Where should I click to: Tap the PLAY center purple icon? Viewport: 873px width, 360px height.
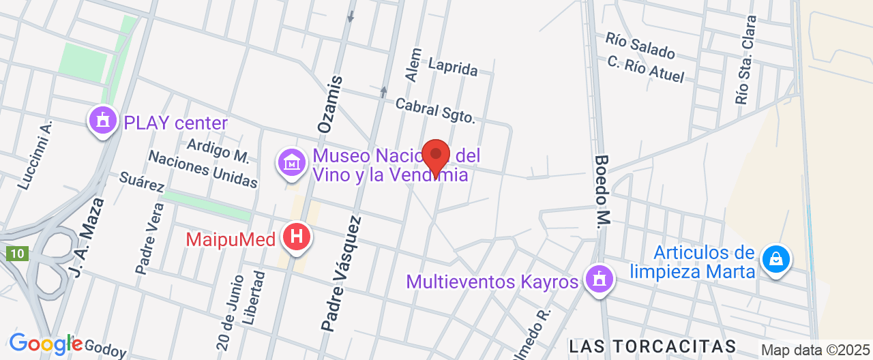103,121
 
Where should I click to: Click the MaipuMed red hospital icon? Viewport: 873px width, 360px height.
297,237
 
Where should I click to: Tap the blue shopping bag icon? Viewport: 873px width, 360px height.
775,258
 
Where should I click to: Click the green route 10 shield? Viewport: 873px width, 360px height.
17,254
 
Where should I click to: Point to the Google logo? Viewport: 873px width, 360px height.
45,344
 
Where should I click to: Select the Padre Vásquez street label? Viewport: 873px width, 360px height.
341,273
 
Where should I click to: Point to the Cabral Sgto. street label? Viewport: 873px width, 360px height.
434,110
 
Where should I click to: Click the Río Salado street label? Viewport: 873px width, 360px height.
640,46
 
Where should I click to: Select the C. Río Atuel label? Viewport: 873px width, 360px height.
645,69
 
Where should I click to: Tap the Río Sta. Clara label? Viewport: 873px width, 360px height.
745,60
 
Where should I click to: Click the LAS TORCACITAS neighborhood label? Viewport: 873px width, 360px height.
653,346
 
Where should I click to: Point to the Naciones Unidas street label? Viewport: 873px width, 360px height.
203,169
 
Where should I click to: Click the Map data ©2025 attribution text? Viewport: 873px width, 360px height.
816,350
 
